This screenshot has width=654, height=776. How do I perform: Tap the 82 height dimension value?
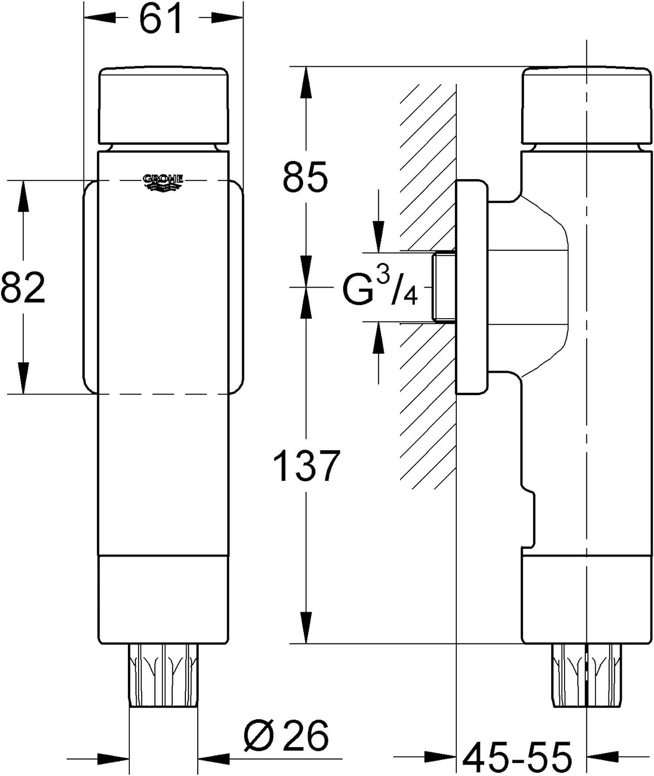point(23,288)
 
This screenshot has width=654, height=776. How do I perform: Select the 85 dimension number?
point(305,176)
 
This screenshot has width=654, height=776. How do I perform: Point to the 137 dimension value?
point(307,465)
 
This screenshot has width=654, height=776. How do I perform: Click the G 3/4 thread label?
point(380,287)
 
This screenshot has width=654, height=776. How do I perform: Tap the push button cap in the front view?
point(163,106)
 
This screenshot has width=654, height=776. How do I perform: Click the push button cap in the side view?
point(587,106)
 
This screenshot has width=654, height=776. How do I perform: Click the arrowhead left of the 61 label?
point(100,18)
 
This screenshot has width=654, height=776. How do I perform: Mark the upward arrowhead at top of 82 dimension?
point(23,196)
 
